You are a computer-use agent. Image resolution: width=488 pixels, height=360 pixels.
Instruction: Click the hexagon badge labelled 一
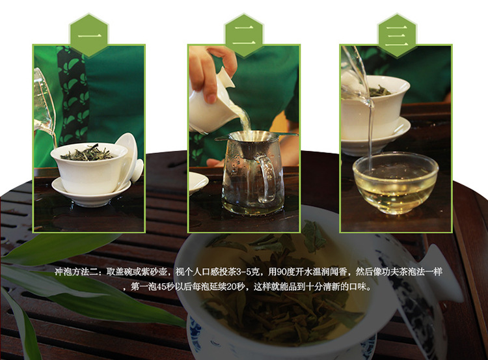tap(89, 35)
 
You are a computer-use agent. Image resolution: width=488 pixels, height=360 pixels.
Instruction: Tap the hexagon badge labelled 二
tap(244, 35)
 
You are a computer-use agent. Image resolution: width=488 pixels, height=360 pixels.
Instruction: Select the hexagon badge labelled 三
tap(397, 35)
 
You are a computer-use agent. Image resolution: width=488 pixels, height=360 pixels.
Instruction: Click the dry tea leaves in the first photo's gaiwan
tap(88, 153)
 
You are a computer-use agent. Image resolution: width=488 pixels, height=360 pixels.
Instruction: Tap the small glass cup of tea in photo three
tap(395, 184)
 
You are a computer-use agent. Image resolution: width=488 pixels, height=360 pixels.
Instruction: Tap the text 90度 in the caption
tap(286, 272)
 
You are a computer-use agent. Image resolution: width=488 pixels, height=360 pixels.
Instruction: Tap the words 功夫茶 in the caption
tap(397, 272)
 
